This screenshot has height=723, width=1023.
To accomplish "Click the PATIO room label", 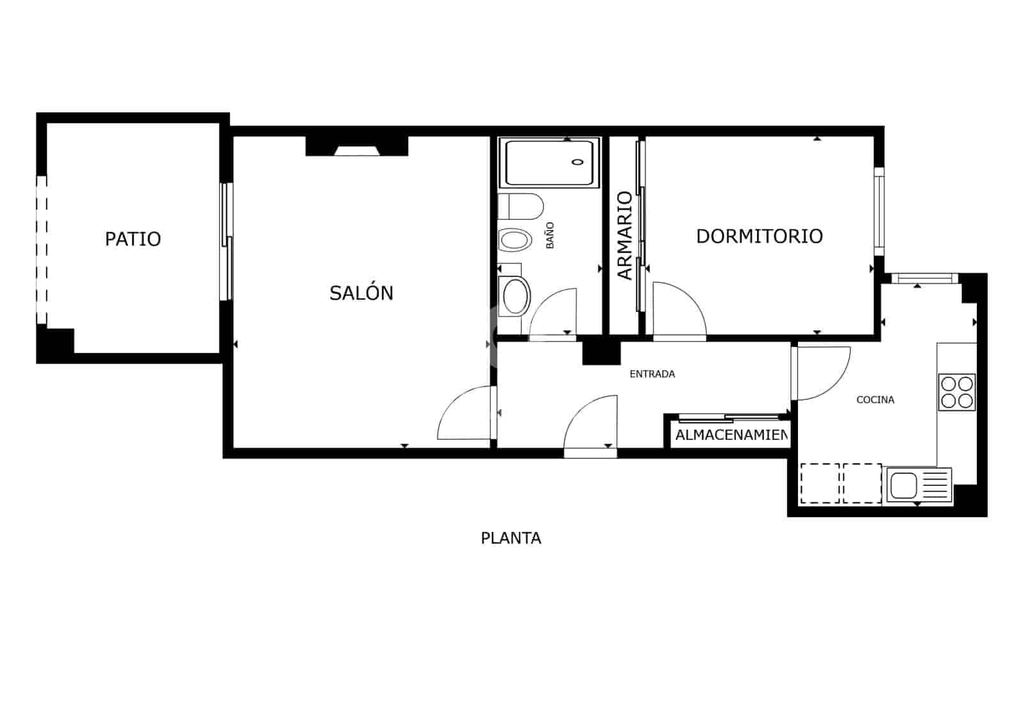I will [x=133, y=239].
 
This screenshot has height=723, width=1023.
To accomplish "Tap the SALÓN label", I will [x=361, y=293].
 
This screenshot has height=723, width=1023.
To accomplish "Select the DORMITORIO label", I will [x=759, y=236].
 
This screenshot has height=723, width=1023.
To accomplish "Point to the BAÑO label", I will [x=550, y=235].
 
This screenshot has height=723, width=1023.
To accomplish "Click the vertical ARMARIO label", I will [x=625, y=235].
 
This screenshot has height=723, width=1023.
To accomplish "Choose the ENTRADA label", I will [x=652, y=374].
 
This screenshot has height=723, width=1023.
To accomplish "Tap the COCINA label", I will [x=875, y=400].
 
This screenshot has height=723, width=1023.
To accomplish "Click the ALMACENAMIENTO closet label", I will [x=731, y=435].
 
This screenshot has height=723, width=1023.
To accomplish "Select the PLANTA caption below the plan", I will [x=511, y=538].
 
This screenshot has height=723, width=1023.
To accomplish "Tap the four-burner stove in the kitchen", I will [x=957, y=392].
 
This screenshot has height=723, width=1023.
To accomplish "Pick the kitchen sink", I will [x=904, y=484].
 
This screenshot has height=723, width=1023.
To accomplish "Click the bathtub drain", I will [x=578, y=162].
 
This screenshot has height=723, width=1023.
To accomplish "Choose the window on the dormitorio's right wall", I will [x=879, y=211].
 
